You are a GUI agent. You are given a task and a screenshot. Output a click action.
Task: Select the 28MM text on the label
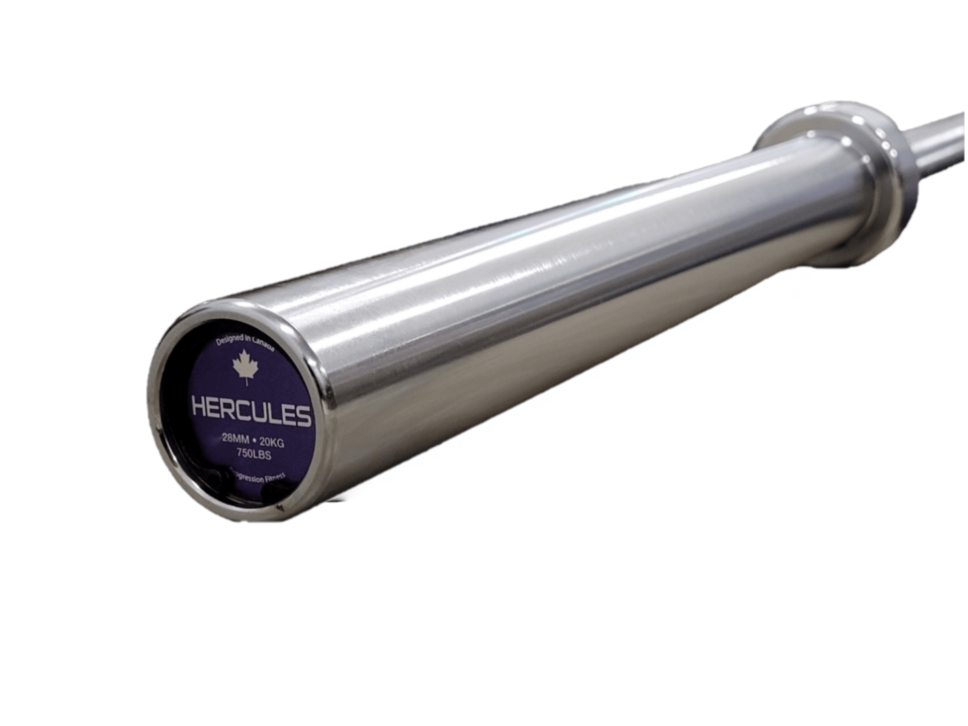pyautogui.click(x=235, y=439)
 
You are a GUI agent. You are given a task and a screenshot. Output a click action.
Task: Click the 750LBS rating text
pyautogui.click(x=254, y=454)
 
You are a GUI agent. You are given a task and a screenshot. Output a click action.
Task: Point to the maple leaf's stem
pyautogui.click(x=246, y=382)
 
